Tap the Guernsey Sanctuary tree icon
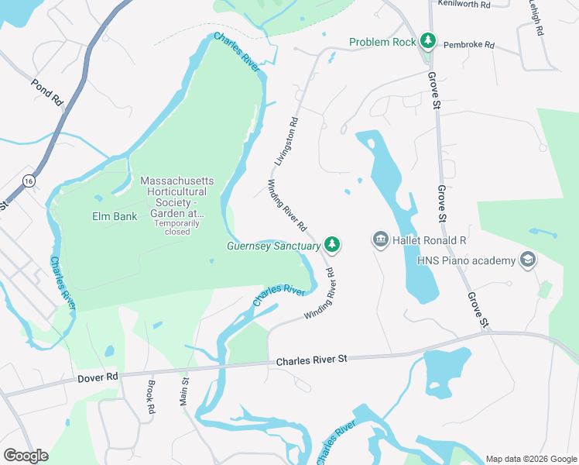click(332, 245)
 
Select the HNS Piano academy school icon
click(528, 259)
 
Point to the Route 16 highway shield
click(29, 181)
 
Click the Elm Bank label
click(115, 216)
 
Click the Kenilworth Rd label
click(464, 5)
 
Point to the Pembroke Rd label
click(468, 45)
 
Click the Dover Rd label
click(97, 377)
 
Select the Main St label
click(184, 391)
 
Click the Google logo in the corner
click(26, 456)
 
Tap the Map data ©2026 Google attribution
click(530, 459)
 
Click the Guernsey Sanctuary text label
click(273, 246)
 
